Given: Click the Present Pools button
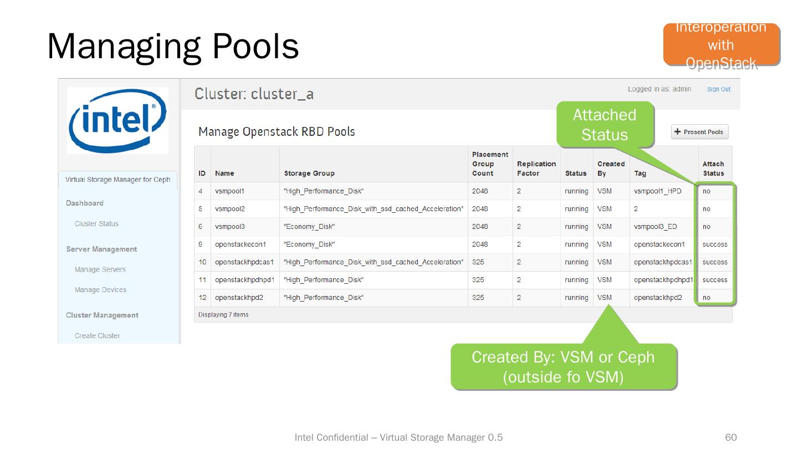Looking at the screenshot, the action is [x=700, y=132].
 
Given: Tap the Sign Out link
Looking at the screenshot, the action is [x=718, y=89].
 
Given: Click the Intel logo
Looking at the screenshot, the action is [x=117, y=121].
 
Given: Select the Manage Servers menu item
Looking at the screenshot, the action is [x=100, y=269].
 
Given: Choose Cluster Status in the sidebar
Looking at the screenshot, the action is [x=96, y=224].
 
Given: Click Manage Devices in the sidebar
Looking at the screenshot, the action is [x=100, y=290].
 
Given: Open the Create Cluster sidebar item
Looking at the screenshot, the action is [x=97, y=335].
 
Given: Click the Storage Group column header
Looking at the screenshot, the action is [x=309, y=174].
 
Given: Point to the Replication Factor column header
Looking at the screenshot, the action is [x=536, y=169].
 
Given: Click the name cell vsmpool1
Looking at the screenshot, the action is [x=229, y=191].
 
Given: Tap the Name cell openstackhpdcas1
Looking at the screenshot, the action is [x=244, y=262].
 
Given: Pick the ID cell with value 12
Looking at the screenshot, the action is [x=202, y=298].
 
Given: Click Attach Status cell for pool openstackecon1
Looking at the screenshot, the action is [x=714, y=244].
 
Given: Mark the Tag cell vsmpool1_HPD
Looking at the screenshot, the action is [x=657, y=191].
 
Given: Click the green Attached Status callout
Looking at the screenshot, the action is [x=605, y=125].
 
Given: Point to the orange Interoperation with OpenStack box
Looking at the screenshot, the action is [x=721, y=45].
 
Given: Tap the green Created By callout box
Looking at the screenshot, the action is [x=564, y=366].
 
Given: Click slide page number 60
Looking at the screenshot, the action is [x=731, y=437].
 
